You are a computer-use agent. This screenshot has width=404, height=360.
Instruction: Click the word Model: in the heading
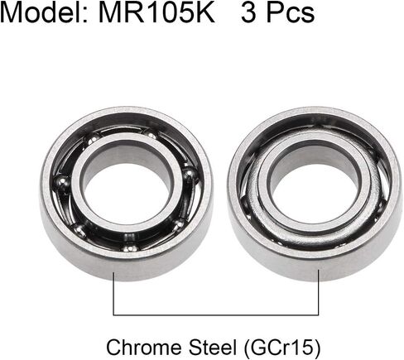tap(45, 12)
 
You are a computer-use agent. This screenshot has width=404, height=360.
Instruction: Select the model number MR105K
tap(156, 12)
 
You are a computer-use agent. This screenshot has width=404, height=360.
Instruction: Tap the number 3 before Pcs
tap(248, 12)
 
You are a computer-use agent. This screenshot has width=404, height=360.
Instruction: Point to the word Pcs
tap(291, 12)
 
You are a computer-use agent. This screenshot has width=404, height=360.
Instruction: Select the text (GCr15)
tap(282, 348)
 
